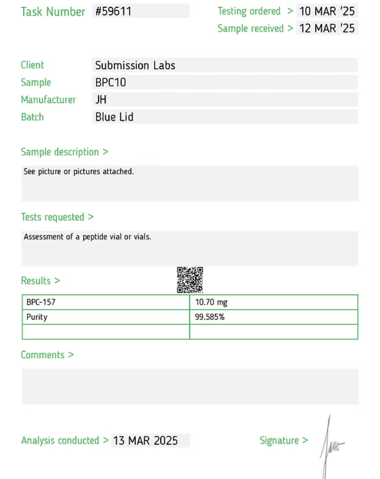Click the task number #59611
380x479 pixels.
click(x=113, y=11)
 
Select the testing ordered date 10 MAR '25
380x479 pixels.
click(x=327, y=11)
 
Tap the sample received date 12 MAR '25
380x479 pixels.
click(x=327, y=28)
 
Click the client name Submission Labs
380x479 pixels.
click(x=135, y=65)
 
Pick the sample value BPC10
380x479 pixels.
click(x=111, y=82)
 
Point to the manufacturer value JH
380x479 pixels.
click(x=101, y=100)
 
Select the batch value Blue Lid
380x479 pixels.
click(x=114, y=117)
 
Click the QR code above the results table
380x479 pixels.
click(x=190, y=280)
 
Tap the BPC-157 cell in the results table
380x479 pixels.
click(x=41, y=302)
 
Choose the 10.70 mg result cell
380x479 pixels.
click(x=211, y=302)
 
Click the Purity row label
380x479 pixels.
click(x=37, y=317)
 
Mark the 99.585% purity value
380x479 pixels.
click(x=209, y=317)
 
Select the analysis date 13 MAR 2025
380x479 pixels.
click(x=145, y=441)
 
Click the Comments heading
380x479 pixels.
click(x=47, y=355)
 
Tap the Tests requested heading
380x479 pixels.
click(x=57, y=217)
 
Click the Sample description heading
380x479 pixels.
click(x=64, y=152)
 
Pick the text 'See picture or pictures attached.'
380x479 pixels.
click(x=79, y=172)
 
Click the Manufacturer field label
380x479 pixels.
click(x=48, y=100)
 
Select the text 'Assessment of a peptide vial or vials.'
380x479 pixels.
click(x=87, y=237)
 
